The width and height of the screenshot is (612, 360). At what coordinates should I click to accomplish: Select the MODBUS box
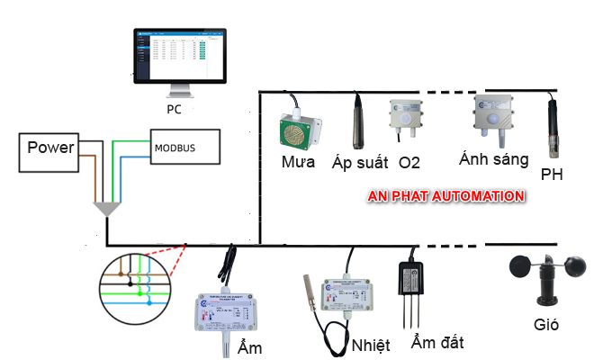pos(184,146)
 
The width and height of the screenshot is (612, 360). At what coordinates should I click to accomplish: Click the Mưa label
pos(297,164)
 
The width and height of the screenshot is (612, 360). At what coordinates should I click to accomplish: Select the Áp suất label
pos(360,163)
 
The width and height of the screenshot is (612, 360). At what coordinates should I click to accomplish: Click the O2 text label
pos(409,163)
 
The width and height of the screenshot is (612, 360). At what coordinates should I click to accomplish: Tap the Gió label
pos(545,324)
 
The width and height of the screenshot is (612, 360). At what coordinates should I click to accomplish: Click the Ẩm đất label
pos(436,343)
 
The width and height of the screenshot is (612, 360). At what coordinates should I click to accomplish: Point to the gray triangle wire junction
pos(107,209)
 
